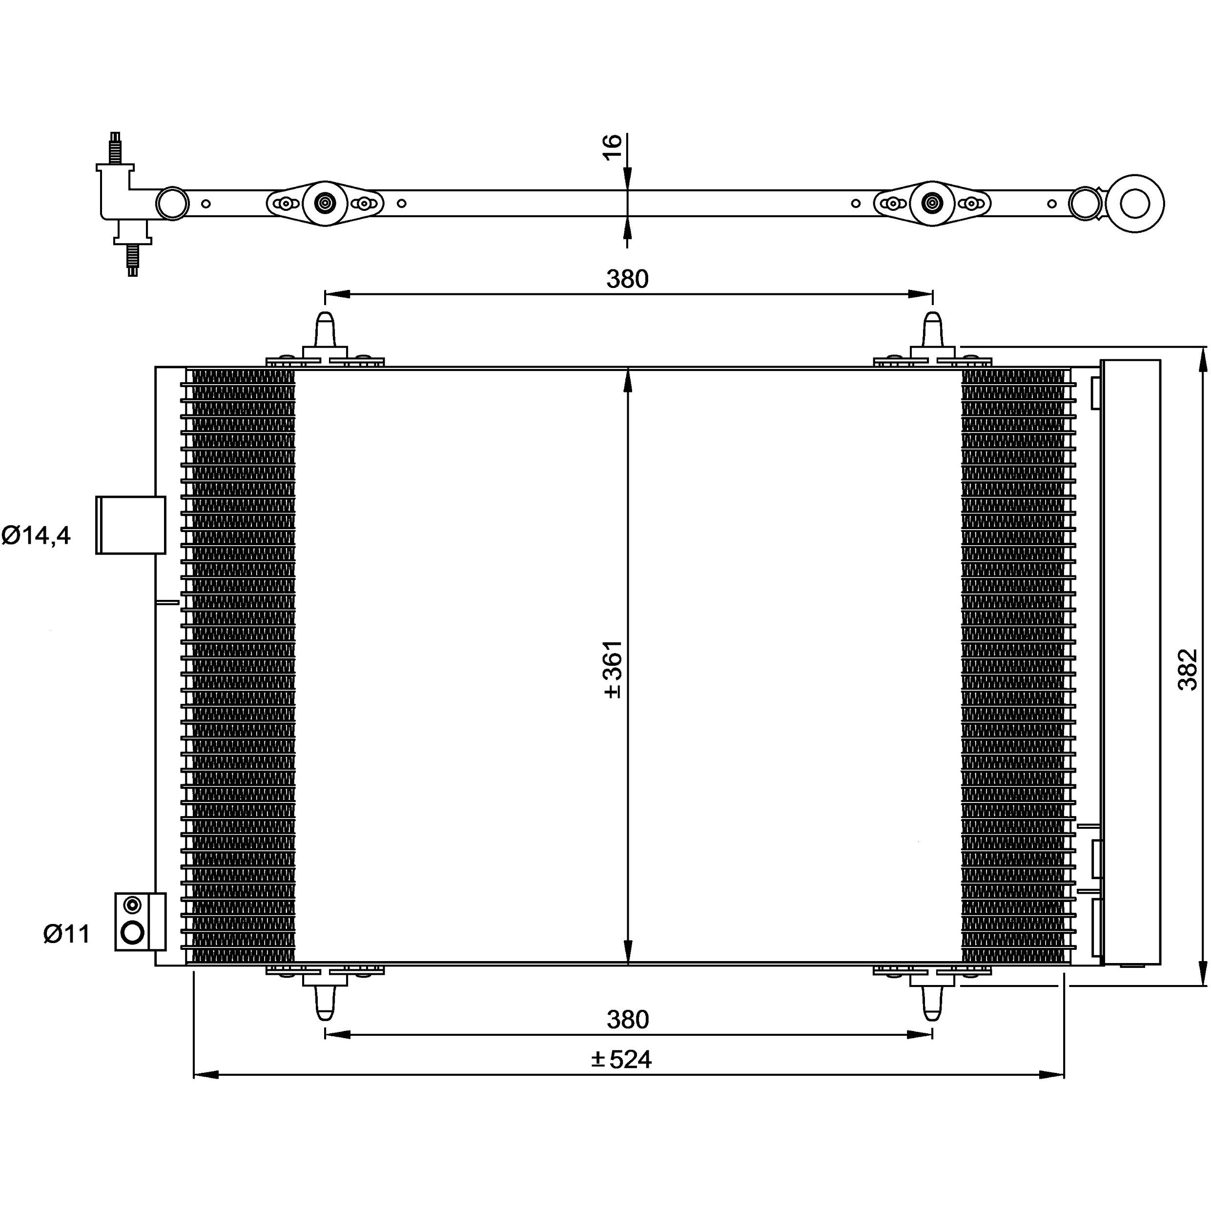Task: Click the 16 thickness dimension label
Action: coord(613,147)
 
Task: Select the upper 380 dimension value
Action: coord(627,279)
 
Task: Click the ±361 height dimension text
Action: coord(613,669)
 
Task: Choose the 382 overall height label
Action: coord(1187,669)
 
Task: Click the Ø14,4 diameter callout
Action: coord(36,535)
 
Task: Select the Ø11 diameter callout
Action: coord(67,934)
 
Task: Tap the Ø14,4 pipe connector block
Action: coord(130,525)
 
